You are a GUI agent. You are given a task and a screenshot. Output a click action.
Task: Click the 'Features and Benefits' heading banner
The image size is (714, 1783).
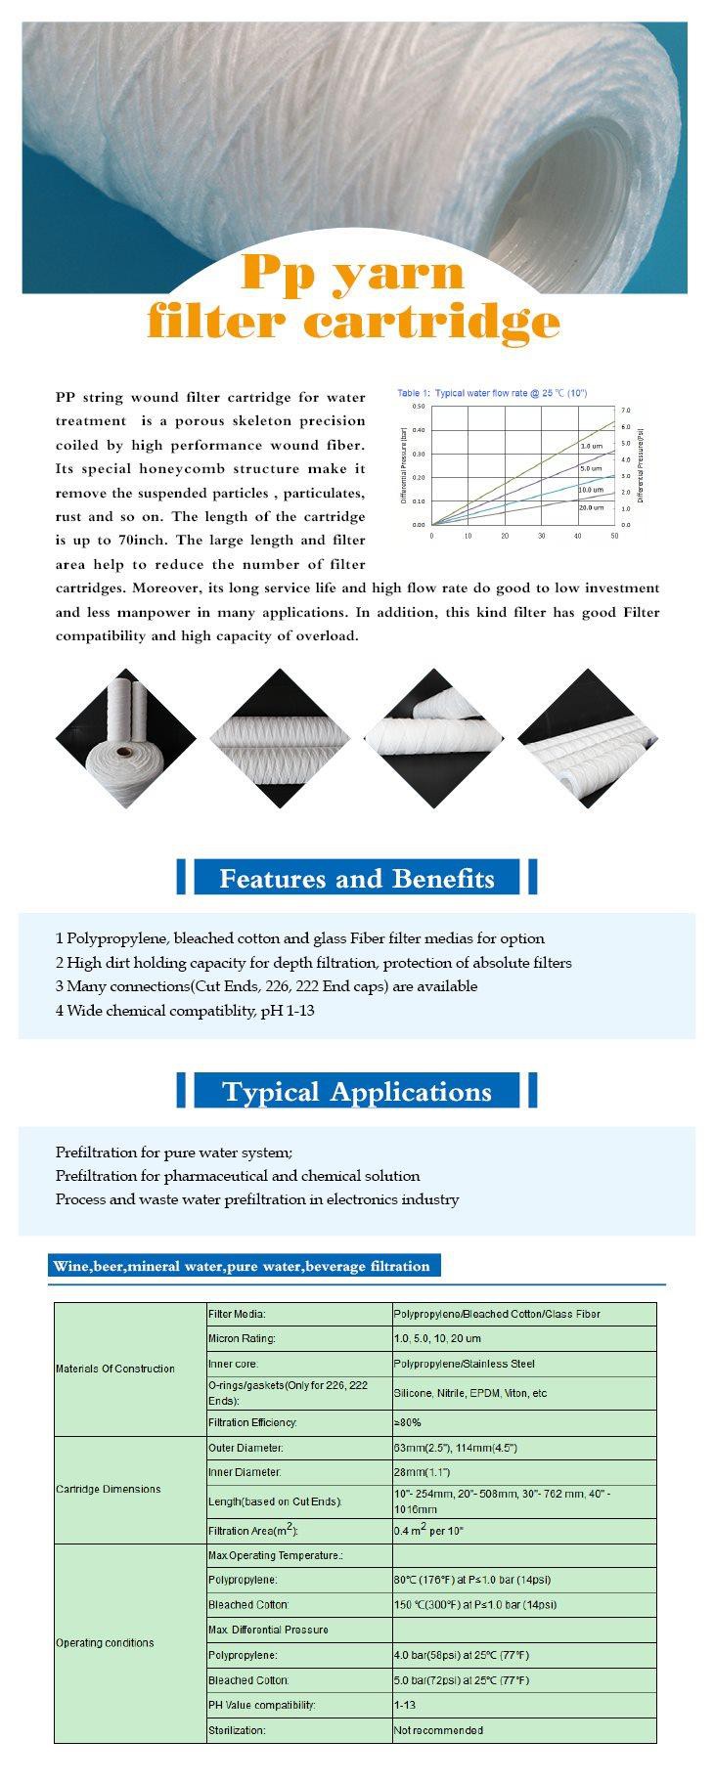click(x=356, y=878)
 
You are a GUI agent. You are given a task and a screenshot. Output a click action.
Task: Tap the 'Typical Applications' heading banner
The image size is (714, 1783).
click(x=356, y=1091)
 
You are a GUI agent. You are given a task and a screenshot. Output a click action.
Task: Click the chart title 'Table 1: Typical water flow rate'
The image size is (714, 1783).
click(x=491, y=393)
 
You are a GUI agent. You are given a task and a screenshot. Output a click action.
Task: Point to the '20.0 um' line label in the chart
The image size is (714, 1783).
click(x=591, y=507)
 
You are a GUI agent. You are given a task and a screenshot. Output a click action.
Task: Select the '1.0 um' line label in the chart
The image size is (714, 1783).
click(x=591, y=446)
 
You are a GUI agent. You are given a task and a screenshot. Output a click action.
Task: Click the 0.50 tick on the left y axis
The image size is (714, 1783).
click(x=419, y=406)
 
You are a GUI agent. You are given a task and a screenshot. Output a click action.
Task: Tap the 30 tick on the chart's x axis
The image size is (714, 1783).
click(x=542, y=536)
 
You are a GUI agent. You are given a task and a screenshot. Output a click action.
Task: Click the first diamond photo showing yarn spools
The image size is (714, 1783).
click(x=125, y=738)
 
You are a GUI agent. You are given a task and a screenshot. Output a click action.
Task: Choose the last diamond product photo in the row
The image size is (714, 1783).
click(x=588, y=738)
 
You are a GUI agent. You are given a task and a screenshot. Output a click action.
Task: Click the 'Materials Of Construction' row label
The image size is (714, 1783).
click(x=115, y=1369)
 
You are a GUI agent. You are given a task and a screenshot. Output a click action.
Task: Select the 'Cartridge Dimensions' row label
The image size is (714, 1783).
click(x=109, y=1489)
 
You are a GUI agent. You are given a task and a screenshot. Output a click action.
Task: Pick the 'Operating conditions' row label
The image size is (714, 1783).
click(x=106, y=1642)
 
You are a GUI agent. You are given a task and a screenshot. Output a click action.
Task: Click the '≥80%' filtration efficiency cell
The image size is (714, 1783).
click(x=408, y=1422)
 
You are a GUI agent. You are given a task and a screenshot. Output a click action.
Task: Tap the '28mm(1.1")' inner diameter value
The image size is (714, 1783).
click(x=422, y=1472)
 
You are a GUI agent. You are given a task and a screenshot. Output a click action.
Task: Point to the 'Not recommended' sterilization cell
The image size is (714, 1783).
click(x=438, y=1730)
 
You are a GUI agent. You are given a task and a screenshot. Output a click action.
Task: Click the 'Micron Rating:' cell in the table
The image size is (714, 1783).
click(x=242, y=1338)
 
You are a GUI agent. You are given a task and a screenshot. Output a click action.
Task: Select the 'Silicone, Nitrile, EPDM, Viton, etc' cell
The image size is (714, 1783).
click(x=470, y=1393)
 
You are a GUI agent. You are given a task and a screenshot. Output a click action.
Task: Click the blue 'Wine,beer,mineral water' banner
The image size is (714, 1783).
click(x=242, y=1266)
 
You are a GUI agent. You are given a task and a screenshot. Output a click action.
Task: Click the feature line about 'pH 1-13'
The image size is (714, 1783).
click(x=185, y=1011)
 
